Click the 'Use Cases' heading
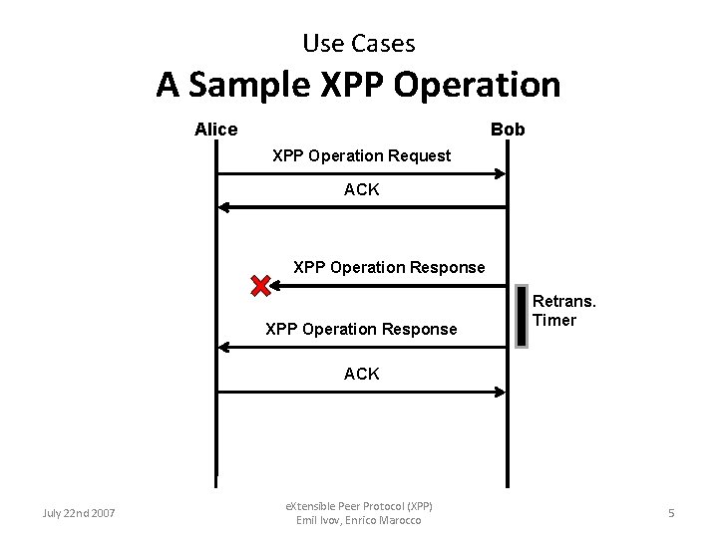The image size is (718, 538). click(x=358, y=44)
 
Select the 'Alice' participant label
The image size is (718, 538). click(x=215, y=130)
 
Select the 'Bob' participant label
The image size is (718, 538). click(x=508, y=130)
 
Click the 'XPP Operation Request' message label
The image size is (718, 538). click(x=361, y=156)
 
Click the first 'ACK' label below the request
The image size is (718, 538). click(x=361, y=189)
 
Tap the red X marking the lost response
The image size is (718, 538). click(x=260, y=287)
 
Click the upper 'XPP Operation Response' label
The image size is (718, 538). click(x=389, y=267)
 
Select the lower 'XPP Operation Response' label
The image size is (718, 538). click(x=361, y=329)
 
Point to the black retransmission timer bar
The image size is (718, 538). click(x=522, y=317)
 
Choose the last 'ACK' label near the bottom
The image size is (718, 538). click(x=361, y=374)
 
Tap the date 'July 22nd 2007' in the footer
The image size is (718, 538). click(x=79, y=513)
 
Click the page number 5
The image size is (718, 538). click(x=671, y=513)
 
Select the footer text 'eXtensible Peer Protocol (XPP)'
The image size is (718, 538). click(x=359, y=506)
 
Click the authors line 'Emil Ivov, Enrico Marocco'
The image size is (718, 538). click(x=359, y=520)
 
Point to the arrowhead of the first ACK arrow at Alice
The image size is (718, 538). click(x=225, y=207)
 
